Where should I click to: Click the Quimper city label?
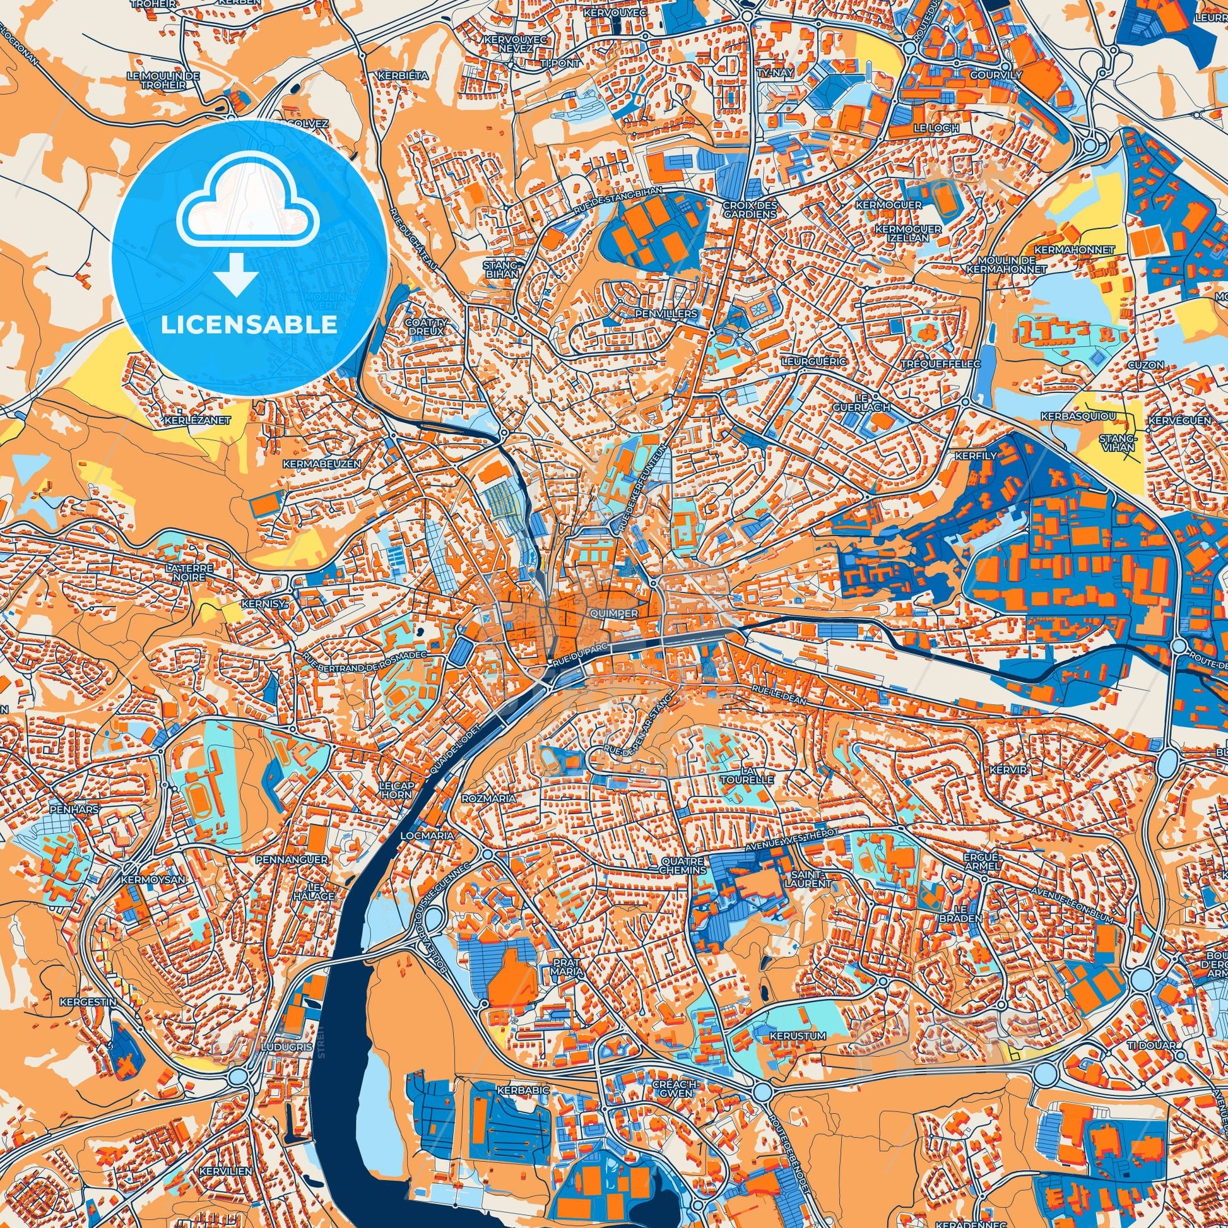pyautogui.click(x=613, y=614)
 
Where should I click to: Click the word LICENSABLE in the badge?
pyautogui.click(x=249, y=325)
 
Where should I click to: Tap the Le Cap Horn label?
pyautogui.click(x=397, y=790)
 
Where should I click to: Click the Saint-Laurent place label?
pyautogui.click(x=807, y=879)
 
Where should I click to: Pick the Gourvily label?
pyautogui.click(x=996, y=75)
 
